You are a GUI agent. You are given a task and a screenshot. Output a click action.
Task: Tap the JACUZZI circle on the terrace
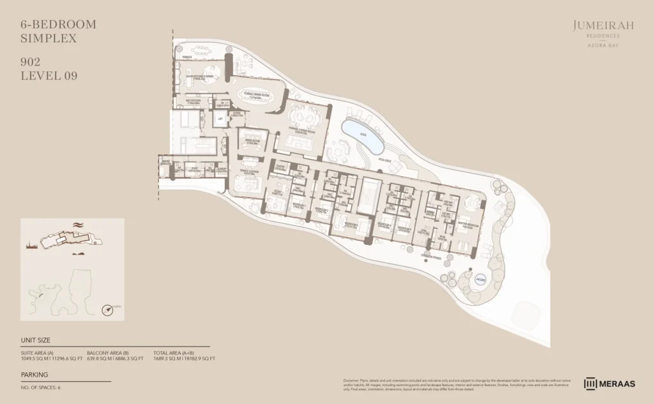click(481, 278)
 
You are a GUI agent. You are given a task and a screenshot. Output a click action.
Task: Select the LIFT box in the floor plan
click(220, 119)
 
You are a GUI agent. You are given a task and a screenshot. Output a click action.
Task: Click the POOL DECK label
click(384, 160)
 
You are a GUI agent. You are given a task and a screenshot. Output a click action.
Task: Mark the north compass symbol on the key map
click(109, 310)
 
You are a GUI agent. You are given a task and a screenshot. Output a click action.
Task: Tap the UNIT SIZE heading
click(36, 340)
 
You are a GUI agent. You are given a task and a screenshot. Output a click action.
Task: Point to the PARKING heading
click(34, 375)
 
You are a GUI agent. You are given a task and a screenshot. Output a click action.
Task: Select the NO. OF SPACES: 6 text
click(41, 387)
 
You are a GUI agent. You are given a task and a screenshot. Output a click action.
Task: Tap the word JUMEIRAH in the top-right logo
click(595, 26)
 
